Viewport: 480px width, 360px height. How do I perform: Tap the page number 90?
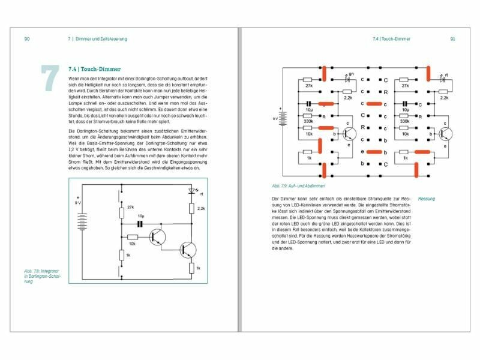tap(27, 39)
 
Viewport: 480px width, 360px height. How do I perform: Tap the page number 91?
tap(453, 39)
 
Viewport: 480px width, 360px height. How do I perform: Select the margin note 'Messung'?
tap(427, 199)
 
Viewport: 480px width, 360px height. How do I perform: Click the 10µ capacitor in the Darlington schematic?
tap(140, 223)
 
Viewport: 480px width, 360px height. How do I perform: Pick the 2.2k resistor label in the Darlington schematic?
tap(200, 208)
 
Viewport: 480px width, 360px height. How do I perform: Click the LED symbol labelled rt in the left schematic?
tap(191, 193)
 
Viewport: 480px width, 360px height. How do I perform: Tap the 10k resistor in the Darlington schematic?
tap(133, 237)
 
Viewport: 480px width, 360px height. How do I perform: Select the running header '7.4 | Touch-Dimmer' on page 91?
tap(391, 39)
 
